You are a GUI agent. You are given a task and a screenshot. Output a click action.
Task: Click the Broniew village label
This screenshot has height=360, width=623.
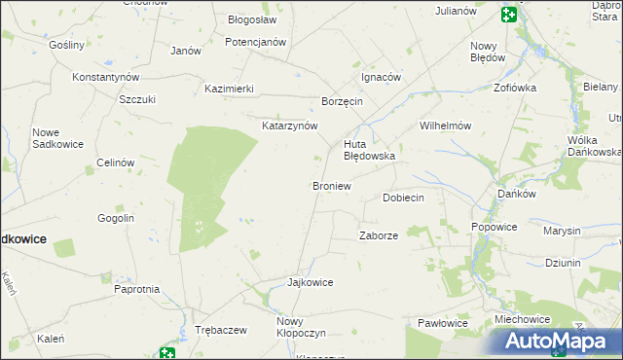(x=330, y=186)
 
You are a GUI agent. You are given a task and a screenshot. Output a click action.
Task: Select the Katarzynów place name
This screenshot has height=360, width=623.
(x=289, y=126)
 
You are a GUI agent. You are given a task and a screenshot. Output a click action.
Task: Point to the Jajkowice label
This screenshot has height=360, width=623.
(x=310, y=282)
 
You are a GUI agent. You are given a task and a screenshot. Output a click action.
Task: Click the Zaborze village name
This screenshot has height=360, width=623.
(x=379, y=235)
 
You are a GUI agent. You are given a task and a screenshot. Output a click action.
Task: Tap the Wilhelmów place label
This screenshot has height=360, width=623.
(x=445, y=126)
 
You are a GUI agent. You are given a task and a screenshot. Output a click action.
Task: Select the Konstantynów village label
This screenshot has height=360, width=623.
(x=106, y=77)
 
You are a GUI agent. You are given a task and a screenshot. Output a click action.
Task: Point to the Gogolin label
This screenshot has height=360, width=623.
(x=115, y=218)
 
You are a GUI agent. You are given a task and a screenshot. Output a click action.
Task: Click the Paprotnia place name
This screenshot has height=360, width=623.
(x=136, y=289)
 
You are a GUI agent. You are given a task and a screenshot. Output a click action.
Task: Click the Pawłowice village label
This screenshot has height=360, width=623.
(x=442, y=323)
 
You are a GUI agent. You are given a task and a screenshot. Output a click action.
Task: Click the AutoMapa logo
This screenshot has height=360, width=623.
(x=557, y=341)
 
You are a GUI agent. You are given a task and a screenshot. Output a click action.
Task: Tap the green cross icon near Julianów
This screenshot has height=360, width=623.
(x=508, y=13)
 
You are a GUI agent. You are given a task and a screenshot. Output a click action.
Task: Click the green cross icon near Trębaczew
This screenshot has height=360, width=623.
(x=168, y=353)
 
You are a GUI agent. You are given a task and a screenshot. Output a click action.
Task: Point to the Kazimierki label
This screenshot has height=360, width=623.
(x=229, y=89)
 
